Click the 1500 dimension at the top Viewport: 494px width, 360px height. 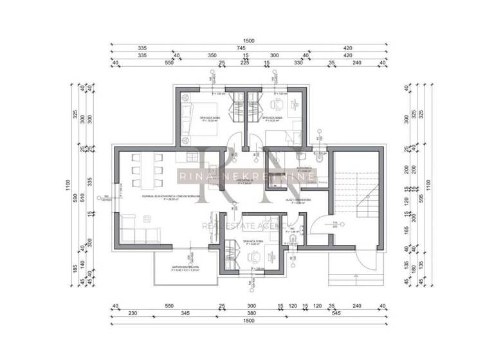(249, 40)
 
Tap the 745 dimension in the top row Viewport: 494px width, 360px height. (241, 48)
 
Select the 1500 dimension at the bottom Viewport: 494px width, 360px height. (249, 319)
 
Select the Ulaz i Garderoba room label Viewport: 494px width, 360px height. (298, 200)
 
